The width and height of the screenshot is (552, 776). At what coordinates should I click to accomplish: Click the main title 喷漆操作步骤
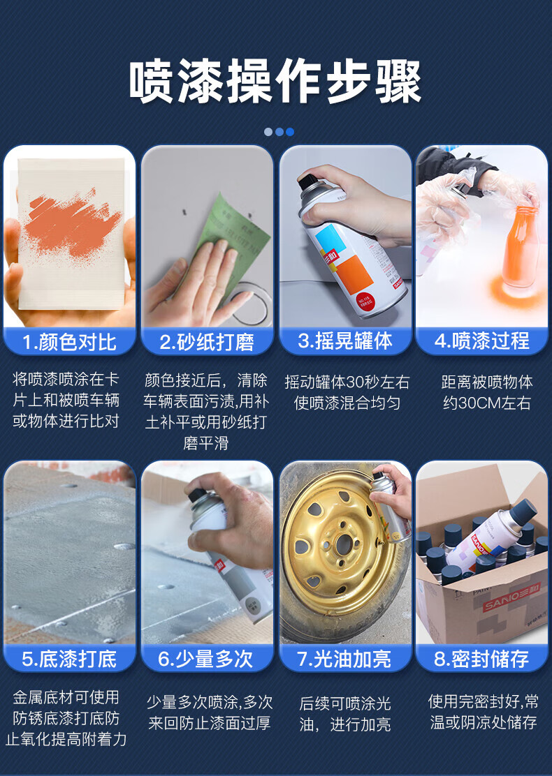coord(275,82)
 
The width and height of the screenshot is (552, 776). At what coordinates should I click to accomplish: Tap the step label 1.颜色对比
coord(69,342)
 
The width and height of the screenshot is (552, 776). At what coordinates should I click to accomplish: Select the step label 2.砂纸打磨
coord(207,342)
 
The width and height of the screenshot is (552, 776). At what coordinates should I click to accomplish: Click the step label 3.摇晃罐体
coord(345,341)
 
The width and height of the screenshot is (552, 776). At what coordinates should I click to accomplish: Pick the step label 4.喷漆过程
coord(482,341)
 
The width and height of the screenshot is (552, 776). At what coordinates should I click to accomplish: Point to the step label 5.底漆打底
coord(69,659)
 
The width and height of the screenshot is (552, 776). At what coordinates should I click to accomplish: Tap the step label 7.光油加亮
coord(344,659)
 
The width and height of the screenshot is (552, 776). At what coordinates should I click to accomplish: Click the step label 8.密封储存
coord(481,659)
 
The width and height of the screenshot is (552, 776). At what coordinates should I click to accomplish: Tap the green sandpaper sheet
coord(233,237)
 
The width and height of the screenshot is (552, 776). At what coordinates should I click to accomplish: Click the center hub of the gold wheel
coord(343,544)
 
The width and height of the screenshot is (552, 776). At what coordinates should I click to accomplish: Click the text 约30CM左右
coord(486,403)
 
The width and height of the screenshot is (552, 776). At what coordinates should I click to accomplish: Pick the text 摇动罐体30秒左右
coord(347,382)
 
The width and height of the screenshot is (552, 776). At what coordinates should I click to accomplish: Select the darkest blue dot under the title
coord(290,132)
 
